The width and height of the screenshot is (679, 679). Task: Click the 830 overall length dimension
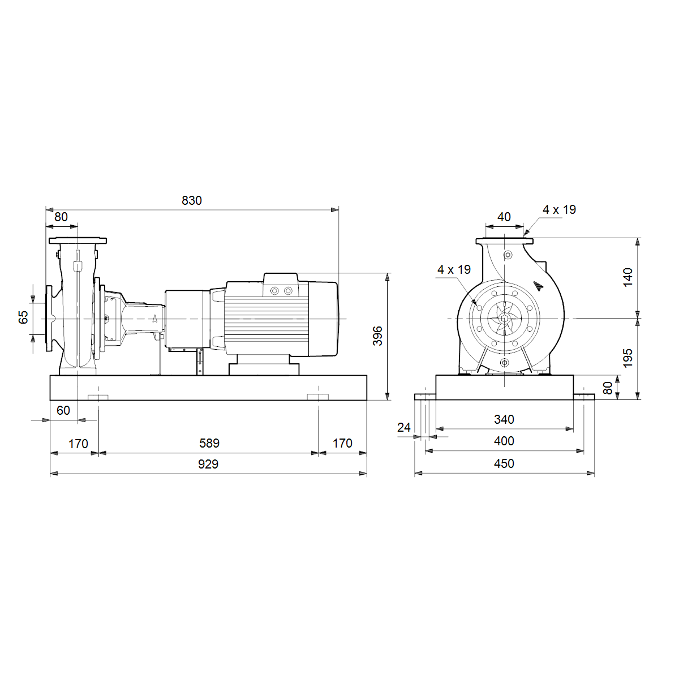pyautogui.click(x=192, y=200)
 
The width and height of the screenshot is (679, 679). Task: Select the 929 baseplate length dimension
pyautogui.click(x=208, y=464)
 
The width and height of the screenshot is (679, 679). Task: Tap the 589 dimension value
pyautogui.click(x=209, y=443)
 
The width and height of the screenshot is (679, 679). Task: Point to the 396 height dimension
pyautogui.click(x=378, y=336)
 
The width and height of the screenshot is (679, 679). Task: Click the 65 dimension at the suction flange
pyautogui.click(x=23, y=317)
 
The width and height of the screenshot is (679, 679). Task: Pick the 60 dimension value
pyautogui.click(x=63, y=410)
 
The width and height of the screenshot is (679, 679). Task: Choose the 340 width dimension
pyautogui.click(x=504, y=419)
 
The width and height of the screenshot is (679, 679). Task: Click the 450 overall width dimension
pyautogui.click(x=504, y=463)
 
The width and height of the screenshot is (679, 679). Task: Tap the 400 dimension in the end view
pyautogui.click(x=504, y=441)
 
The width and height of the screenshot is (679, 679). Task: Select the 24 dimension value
pyautogui.click(x=404, y=427)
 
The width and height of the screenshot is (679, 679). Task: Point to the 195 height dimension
pyautogui.click(x=628, y=358)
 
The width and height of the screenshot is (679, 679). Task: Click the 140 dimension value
pyautogui.click(x=628, y=277)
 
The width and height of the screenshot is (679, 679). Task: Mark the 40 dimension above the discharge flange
pyautogui.click(x=504, y=217)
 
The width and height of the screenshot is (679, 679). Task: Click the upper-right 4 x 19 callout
pyautogui.click(x=559, y=210)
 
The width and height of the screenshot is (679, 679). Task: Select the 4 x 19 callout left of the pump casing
pyautogui.click(x=454, y=269)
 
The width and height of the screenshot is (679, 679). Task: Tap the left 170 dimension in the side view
pyautogui.click(x=78, y=444)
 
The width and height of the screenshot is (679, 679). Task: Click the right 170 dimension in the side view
pyautogui.click(x=342, y=443)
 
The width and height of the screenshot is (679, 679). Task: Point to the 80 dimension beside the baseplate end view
pyautogui.click(x=608, y=388)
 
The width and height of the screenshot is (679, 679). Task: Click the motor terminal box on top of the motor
pyautogui.click(x=281, y=285)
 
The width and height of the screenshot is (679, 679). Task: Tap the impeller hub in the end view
pyautogui.click(x=504, y=319)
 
